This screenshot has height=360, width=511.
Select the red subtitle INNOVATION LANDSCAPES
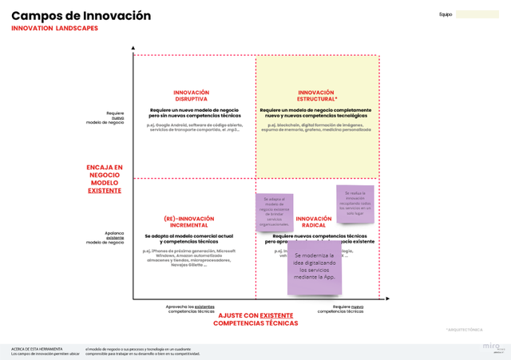[55, 28]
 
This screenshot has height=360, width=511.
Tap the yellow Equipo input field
[477, 14]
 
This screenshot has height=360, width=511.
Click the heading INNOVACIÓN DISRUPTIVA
[191, 96]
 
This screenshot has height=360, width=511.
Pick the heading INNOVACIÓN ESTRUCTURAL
[315, 96]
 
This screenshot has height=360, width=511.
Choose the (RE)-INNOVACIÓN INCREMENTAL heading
[189, 221]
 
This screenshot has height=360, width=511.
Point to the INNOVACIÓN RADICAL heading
[314, 221]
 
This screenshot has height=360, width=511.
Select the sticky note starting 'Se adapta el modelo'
[274, 212]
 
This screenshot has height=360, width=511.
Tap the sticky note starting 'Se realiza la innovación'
[355, 204]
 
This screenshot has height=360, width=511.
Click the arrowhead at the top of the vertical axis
[133, 49]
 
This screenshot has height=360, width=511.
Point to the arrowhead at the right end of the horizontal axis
[388, 299]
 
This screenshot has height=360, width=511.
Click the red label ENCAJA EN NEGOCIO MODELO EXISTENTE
[105, 179]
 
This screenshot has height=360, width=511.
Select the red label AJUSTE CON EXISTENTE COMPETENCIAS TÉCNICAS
[255, 319]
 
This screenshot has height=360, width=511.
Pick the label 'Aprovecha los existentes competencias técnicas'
[190, 308]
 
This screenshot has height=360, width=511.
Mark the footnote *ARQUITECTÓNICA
[464, 329]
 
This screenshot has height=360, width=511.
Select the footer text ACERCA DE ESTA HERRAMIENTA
[37, 349]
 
